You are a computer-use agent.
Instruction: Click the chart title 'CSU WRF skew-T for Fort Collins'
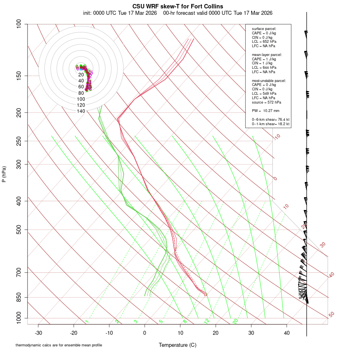178,6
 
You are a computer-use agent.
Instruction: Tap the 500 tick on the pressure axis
19,230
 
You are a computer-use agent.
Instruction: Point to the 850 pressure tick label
19,297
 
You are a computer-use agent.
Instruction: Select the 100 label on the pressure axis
19,24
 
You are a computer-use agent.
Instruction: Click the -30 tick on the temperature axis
38,332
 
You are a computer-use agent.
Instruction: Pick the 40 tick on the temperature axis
287,332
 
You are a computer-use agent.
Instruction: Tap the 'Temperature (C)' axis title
178,345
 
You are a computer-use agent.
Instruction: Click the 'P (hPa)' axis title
4,174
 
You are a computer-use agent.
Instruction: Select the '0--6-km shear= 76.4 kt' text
270,120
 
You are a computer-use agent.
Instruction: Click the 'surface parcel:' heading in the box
264,29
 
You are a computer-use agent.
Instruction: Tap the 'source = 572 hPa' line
263,102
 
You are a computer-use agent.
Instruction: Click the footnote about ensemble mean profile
59,345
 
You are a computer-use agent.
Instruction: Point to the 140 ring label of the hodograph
81,111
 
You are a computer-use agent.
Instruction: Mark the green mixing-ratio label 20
236,321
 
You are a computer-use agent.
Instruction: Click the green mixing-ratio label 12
207,321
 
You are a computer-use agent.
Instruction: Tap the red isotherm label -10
277,137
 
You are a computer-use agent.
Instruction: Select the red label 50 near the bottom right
332,315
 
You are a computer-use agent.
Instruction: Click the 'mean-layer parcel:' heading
267,54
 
